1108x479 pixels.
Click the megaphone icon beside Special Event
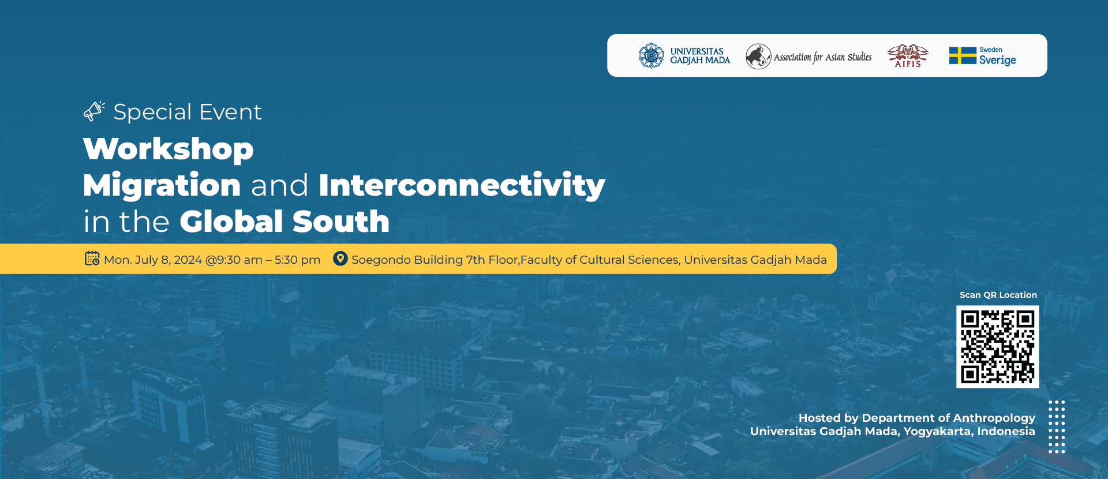point(94,111)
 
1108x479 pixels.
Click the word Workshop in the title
point(169,149)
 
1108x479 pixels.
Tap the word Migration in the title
point(162,185)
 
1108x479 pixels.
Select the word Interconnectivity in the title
point(462,185)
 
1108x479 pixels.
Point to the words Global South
point(285,222)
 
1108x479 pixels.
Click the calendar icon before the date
point(92,259)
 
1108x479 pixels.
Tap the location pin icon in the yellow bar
point(340,259)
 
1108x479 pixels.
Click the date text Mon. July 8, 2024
point(153,260)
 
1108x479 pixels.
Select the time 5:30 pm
point(297,260)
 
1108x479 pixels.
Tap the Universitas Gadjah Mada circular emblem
point(652,55)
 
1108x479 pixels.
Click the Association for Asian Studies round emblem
point(758,57)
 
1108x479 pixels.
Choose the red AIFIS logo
point(908,56)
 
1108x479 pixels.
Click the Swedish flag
point(963,55)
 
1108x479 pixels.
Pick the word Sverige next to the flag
point(998,60)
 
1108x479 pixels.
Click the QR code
point(998,347)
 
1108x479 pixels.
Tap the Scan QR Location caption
point(998,295)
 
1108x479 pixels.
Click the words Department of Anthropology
point(948,418)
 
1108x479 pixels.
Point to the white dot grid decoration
point(1057,426)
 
